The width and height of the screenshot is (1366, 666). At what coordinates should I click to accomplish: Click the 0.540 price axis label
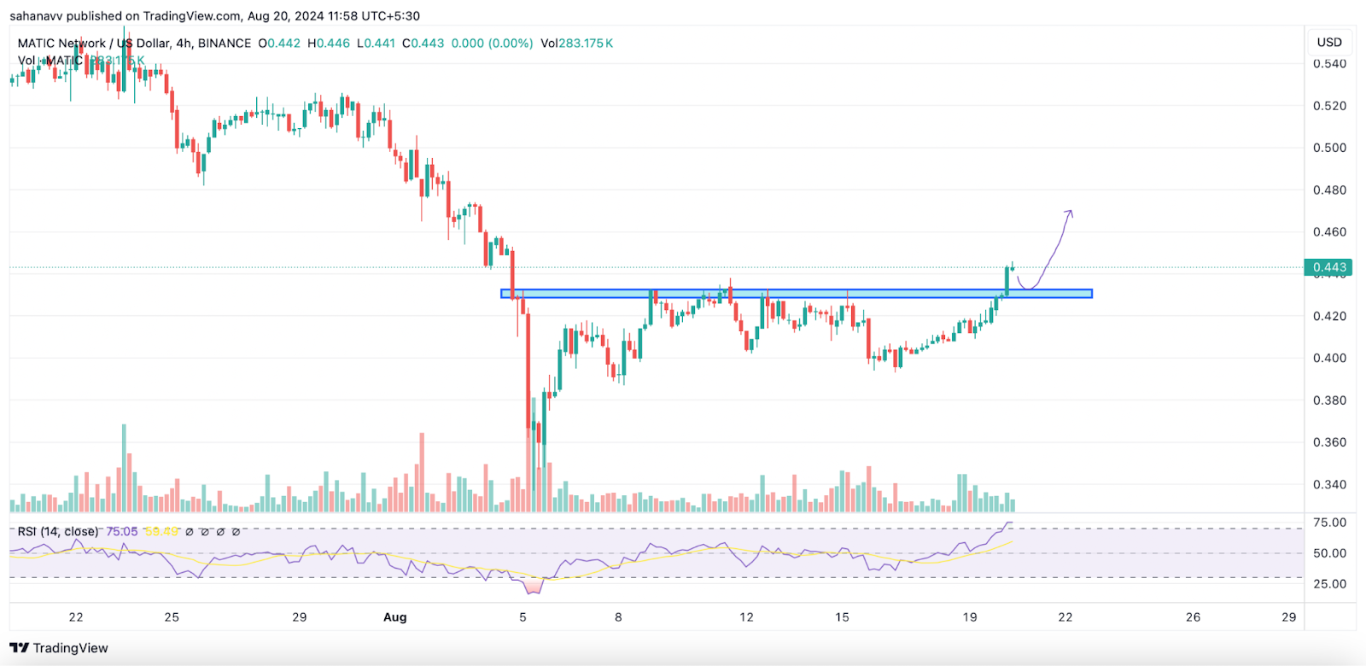(x=1329, y=64)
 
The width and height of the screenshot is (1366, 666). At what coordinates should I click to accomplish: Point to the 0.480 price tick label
(x=1329, y=190)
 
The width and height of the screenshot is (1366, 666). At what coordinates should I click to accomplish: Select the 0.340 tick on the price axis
(x=1329, y=484)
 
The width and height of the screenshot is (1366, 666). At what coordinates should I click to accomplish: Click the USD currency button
(x=1329, y=42)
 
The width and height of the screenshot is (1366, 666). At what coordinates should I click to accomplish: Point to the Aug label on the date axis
(x=394, y=616)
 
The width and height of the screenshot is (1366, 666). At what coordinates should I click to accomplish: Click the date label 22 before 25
(x=76, y=616)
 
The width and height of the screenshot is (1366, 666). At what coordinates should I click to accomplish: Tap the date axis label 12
(x=746, y=616)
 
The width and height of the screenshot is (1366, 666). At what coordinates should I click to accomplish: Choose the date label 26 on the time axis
(x=1193, y=616)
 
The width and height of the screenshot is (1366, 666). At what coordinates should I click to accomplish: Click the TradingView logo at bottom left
(x=59, y=648)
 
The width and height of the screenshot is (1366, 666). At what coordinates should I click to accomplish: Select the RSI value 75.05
(x=122, y=531)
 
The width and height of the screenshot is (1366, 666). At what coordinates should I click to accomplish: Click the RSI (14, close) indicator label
(x=58, y=531)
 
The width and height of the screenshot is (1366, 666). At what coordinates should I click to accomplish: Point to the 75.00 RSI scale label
(x=1329, y=523)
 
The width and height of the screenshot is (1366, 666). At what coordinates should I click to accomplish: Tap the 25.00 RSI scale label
(x=1329, y=584)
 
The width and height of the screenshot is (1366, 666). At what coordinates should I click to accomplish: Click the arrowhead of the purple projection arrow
(x=1069, y=212)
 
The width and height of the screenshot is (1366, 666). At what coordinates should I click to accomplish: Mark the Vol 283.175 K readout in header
(x=576, y=43)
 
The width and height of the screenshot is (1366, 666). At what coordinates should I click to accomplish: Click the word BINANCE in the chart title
(x=225, y=43)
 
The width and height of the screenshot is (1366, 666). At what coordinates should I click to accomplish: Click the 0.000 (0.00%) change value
(x=492, y=43)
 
